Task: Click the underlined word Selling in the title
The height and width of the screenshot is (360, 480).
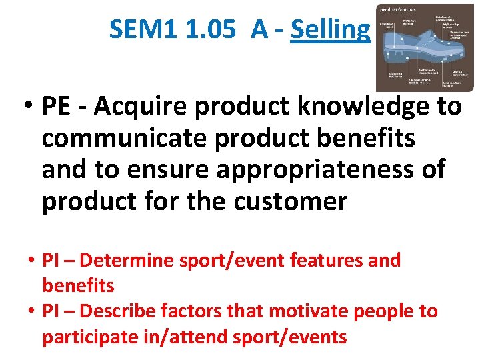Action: click(x=330, y=29)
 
